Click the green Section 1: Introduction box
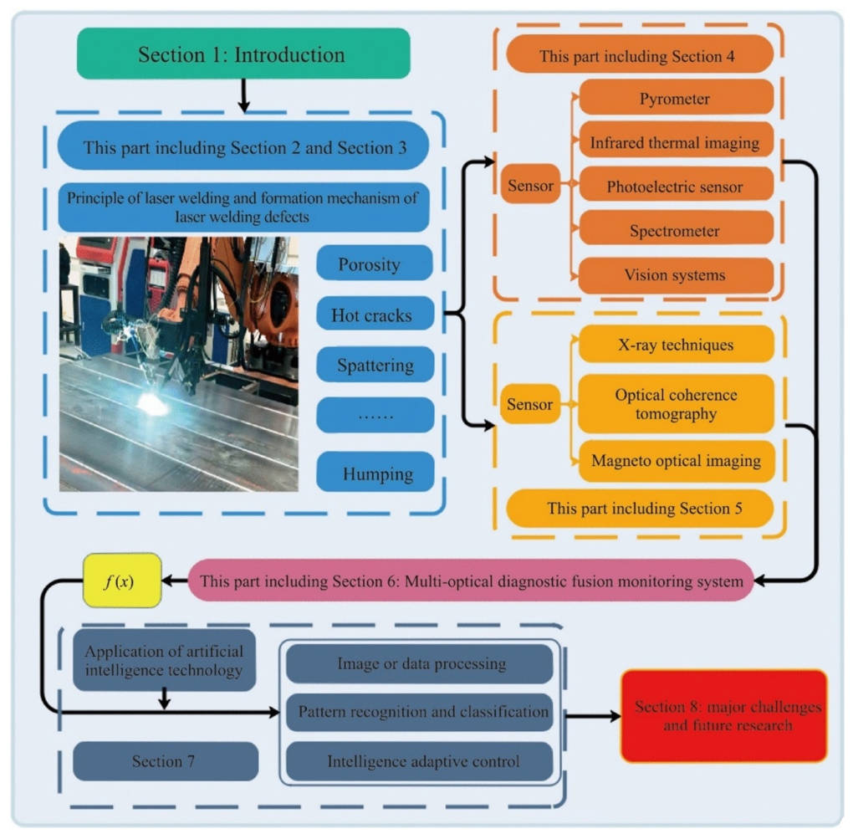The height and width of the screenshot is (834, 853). tap(243, 54)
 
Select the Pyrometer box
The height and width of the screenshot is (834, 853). tap(676, 98)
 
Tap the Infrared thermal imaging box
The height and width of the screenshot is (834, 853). tap(676, 141)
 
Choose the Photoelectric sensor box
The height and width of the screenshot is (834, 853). tap(676, 186)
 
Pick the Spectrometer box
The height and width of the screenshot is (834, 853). tap(676, 229)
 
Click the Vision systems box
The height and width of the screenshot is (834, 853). tap(676, 274)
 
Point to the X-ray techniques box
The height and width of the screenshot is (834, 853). tap(676, 345)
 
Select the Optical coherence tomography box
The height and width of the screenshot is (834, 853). tap(676, 404)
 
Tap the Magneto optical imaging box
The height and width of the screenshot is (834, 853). tap(676, 461)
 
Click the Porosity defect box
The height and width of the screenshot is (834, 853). tap(375, 264)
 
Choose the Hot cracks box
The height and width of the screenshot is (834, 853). tap(375, 314)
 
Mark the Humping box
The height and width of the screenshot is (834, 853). tap(375, 472)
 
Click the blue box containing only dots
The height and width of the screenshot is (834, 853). tap(375, 415)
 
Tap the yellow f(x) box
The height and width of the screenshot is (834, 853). tap(122, 581)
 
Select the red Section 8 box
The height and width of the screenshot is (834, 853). tap(723, 716)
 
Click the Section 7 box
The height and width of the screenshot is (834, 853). tap(166, 761)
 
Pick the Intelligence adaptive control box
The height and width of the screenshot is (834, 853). tap(420, 760)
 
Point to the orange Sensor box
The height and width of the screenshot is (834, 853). tap(530, 184)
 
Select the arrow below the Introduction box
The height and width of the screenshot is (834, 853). tap(243, 95)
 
